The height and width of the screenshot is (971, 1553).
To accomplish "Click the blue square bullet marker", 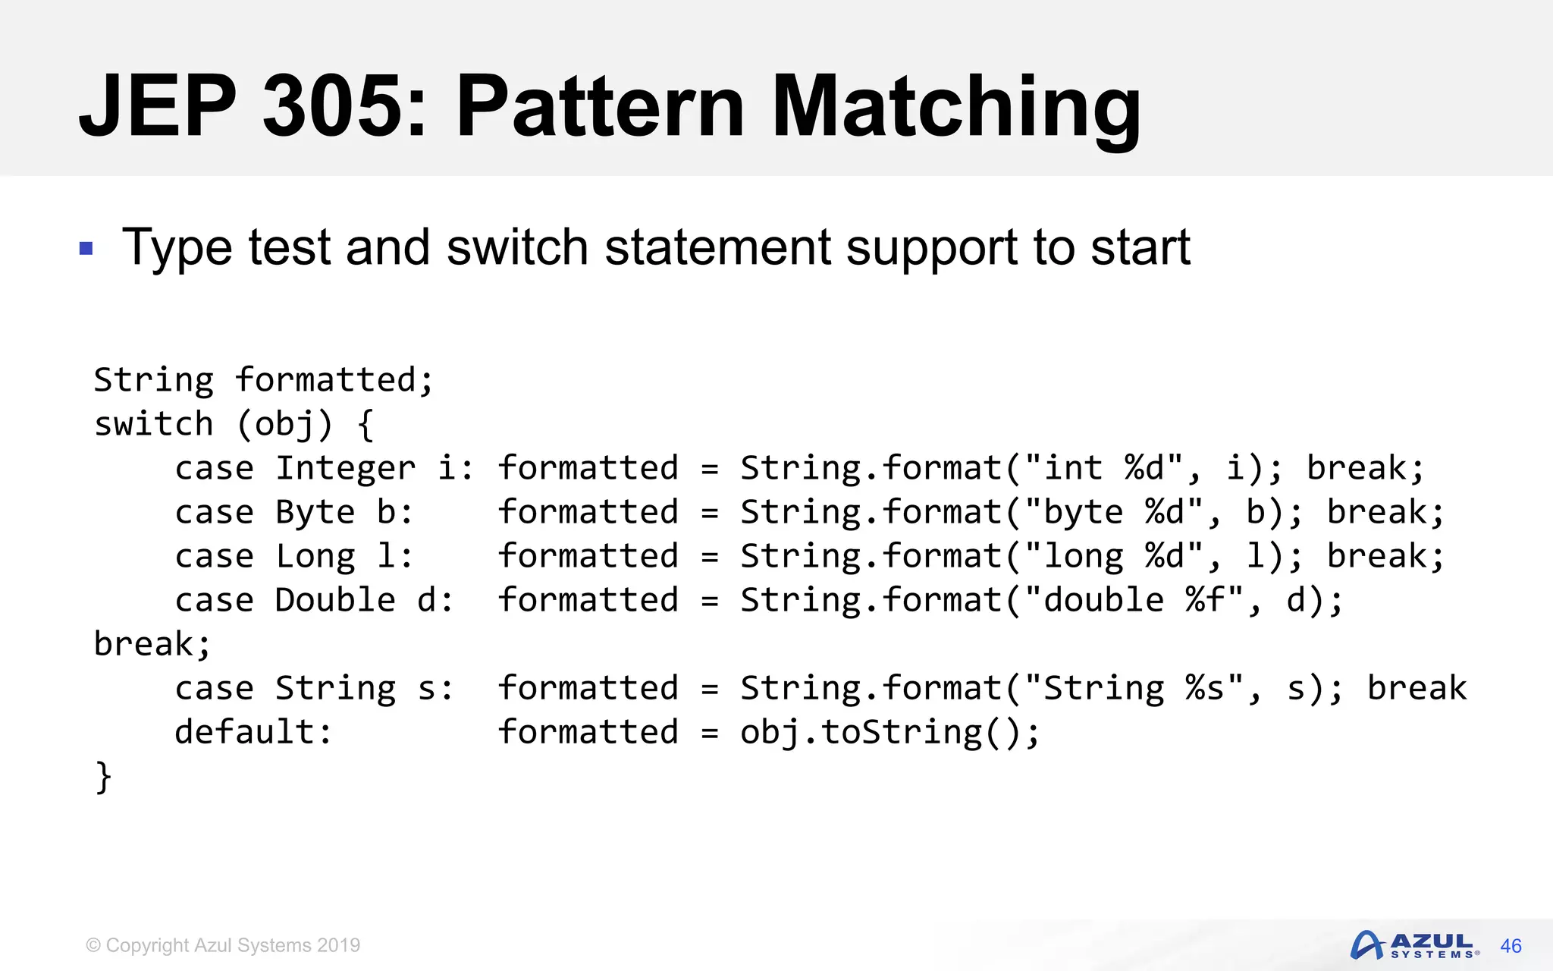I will (x=86, y=248).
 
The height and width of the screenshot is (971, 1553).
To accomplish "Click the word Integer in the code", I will (x=345, y=468).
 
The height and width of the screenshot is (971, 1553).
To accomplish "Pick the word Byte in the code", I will (x=315, y=512).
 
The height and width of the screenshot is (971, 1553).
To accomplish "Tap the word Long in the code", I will (x=315, y=556).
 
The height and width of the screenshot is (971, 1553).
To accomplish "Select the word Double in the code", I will (x=335, y=600).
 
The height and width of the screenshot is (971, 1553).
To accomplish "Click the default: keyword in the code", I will (x=253, y=732).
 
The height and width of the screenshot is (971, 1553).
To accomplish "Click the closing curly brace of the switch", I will (x=103, y=777).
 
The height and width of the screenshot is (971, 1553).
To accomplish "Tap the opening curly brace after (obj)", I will (x=366, y=425).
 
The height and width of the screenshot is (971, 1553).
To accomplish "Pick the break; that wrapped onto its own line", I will (x=152, y=644).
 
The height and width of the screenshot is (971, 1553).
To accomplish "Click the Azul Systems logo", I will (x=1414, y=945).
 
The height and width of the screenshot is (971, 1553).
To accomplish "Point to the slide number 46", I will (x=1511, y=946).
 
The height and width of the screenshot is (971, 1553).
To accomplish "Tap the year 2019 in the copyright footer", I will (x=338, y=945).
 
